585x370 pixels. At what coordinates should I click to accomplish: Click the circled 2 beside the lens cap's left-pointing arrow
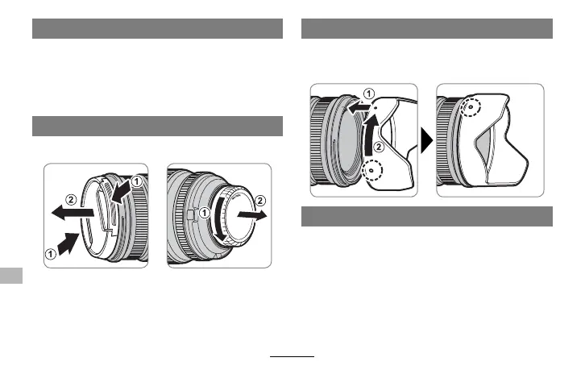click(71, 200)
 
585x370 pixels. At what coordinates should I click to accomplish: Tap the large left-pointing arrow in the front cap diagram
click(73, 213)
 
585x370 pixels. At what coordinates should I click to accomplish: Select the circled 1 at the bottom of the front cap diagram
click(51, 254)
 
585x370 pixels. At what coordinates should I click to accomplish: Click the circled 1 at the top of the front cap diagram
click(137, 181)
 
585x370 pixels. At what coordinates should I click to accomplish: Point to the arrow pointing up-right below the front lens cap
click(68, 243)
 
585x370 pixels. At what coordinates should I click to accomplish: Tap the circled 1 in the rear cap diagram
click(205, 213)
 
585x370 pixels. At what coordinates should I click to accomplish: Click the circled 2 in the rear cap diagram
click(260, 201)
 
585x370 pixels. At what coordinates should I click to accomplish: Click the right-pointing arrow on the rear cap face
click(252, 214)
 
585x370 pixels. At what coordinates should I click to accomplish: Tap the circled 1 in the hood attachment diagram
click(368, 94)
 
